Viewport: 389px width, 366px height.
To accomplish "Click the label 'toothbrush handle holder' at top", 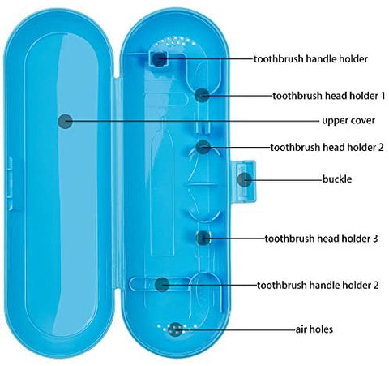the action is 310,59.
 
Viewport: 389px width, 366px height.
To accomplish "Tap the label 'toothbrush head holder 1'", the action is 329,96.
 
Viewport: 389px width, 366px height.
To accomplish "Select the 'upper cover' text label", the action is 348,120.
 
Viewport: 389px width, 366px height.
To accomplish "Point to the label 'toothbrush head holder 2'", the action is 327,148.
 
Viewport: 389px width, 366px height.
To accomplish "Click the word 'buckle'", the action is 337,179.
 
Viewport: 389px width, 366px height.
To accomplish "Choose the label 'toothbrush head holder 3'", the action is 321,239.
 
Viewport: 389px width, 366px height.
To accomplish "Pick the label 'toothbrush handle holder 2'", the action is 318,285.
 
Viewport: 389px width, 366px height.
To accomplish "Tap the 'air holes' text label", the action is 314,329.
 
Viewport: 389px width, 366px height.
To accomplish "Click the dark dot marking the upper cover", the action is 65,121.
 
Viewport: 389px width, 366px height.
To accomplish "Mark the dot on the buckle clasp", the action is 245,179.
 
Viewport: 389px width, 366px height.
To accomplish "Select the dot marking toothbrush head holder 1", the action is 202,95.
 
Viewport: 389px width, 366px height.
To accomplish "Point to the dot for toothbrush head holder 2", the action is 203,147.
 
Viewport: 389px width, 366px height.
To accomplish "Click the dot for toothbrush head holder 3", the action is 203,239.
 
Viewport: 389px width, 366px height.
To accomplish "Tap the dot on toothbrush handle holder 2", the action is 162,285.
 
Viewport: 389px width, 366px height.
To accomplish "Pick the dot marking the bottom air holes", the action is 175,329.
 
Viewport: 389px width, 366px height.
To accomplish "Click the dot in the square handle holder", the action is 159,59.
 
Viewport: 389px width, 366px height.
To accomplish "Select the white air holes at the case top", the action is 176,41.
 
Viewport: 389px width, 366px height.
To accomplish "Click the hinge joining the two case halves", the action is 117,184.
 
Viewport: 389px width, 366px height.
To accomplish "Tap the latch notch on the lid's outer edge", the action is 10,183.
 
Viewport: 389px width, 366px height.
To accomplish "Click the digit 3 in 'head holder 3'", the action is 375,239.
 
